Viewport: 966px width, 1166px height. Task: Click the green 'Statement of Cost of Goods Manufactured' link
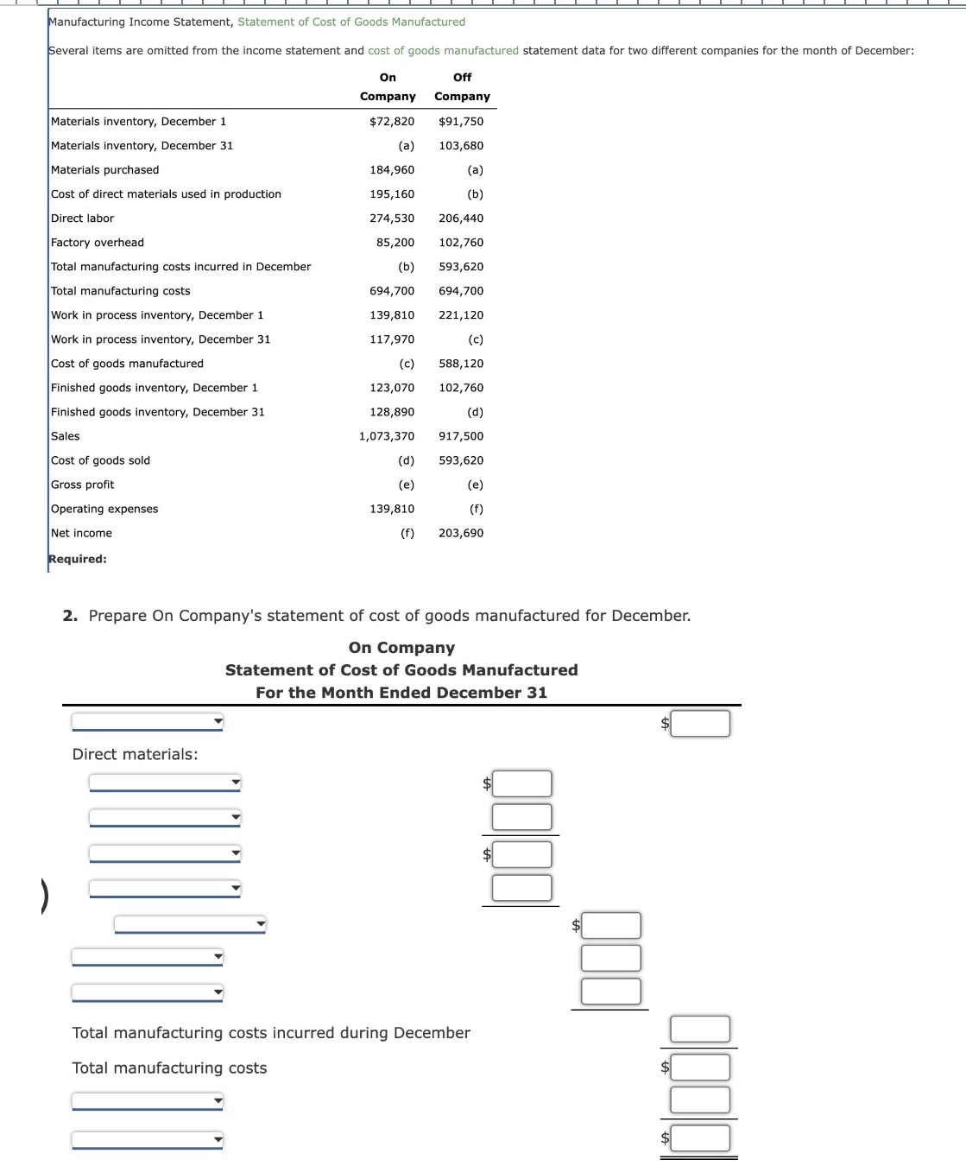[x=351, y=22]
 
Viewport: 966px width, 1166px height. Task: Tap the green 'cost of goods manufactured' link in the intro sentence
[x=443, y=50]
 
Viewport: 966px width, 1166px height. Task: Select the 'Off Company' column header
[x=462, y=86]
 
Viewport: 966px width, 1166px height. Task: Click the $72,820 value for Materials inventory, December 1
[x=392, y=121]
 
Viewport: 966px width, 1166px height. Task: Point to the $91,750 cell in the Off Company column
[x=461, y=121]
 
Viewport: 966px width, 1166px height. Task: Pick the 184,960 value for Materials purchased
[x=392, y=169]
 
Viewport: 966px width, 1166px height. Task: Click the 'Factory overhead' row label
[x=98, y=242]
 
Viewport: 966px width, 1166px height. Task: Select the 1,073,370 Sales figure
[x=387, y=435]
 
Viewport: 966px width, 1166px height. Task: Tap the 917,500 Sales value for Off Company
[x=461, y=435]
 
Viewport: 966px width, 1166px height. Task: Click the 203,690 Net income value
[x=461, y=532]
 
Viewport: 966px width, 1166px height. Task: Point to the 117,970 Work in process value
[x=392, y=339]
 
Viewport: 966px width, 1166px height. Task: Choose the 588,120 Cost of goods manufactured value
[x=461, y=363]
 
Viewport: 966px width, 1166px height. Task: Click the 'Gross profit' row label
[x=83, y=484]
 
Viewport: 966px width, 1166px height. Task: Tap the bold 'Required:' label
[x=78, y=558]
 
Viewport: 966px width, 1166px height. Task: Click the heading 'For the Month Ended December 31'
[x=401, y=692]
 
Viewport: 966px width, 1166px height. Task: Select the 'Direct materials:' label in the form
[x=135, y=753]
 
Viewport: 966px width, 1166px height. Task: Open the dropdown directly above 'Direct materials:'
[x=147, y=721]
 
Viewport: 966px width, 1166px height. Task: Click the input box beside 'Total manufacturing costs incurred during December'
[x=700, y=1029]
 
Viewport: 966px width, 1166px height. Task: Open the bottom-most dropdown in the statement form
[x=147, y=1139]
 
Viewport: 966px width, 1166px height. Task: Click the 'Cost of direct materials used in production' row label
[x=166, y=193]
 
